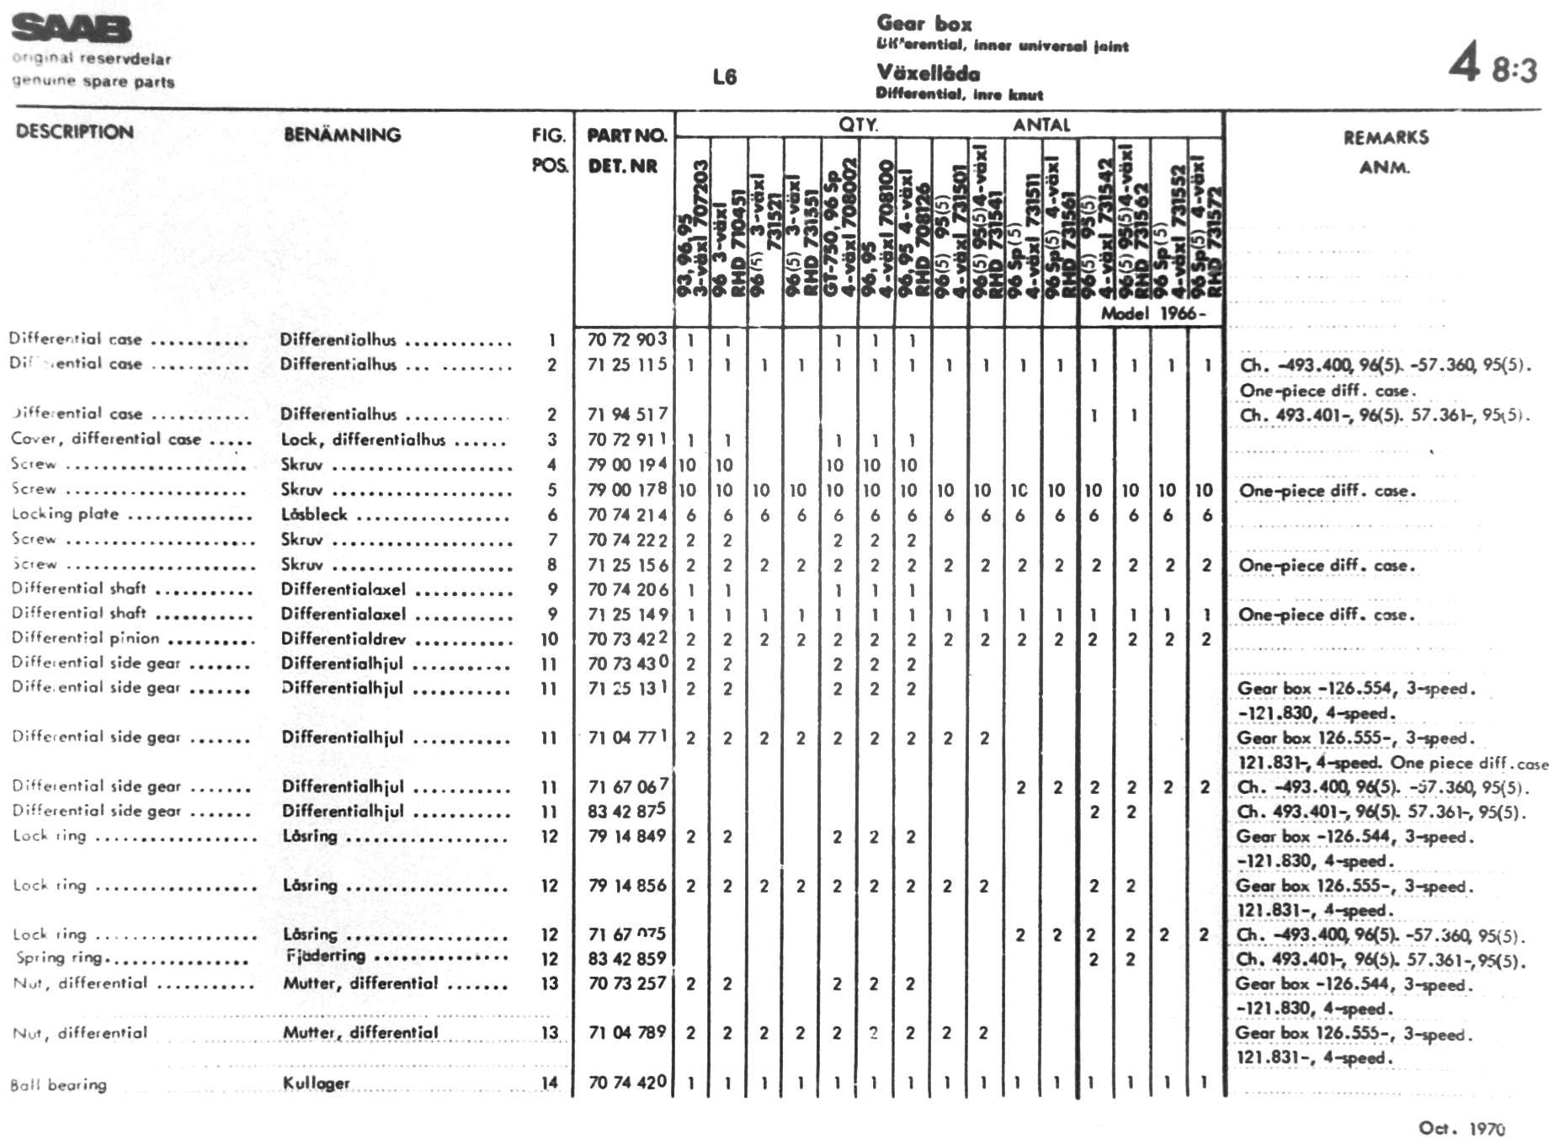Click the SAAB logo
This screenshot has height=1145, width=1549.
click(x=72, y=29)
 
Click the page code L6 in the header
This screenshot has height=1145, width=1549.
click(x=724, y=77)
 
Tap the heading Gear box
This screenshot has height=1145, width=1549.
click(x=924, y=24)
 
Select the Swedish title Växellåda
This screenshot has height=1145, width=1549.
click(x=928, y=72)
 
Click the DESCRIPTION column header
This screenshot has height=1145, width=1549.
click(x=74, y=132)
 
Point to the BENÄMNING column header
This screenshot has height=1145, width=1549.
click(x=342, y=135)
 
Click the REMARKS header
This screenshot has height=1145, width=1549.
click(x=1385, y=137)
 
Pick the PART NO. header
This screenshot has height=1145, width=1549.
click(x=626, y=136)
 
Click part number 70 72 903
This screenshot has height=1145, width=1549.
click(x=627, y=339)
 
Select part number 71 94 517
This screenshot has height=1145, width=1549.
click(x=627, y=413)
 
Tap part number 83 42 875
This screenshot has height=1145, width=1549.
click(x=627, y=810)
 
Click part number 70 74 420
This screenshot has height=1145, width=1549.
click(x=627, y=1082)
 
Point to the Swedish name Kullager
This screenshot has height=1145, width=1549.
click(x=316, y=1083)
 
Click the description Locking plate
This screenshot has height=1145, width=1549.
click(x=65, y=514)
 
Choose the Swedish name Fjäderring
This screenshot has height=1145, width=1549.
click(x=326, y=956)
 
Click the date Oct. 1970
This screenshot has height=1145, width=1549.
click(x=1461, y=1128)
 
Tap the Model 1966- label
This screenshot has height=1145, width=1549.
click(x=1152, y=313)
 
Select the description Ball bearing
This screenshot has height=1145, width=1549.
click(x=58, y=1084)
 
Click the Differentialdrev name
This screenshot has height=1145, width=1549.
click(x=343, y=638)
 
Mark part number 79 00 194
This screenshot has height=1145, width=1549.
click(x=627, y=464)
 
